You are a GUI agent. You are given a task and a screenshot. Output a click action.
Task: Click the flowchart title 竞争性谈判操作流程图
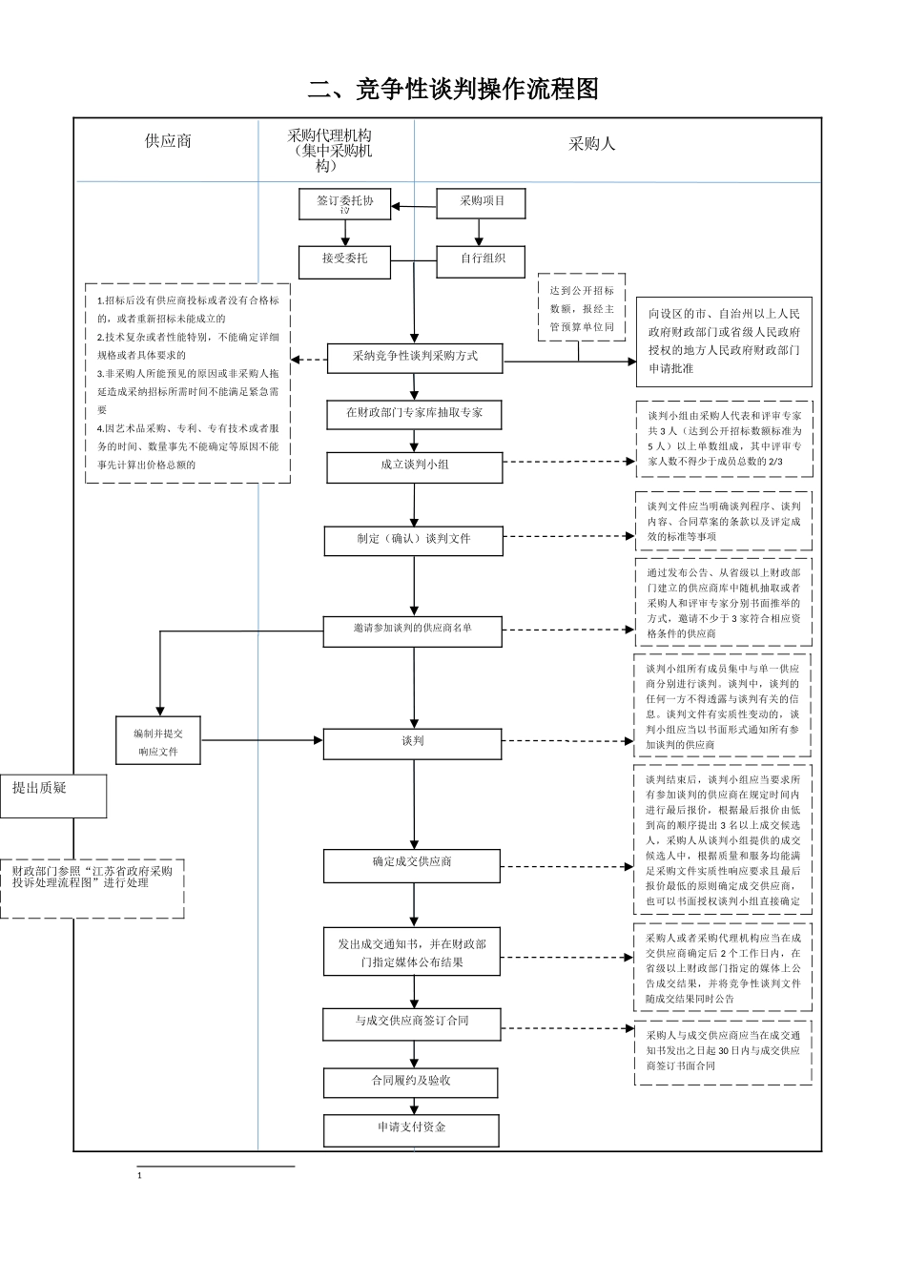point(453,90)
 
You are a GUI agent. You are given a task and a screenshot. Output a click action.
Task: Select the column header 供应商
point(168,141)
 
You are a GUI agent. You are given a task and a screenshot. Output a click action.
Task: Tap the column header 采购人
point(592,144)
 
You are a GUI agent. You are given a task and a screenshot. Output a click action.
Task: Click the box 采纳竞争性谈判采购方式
point(415,358)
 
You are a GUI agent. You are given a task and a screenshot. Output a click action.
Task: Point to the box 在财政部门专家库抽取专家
point(414,414)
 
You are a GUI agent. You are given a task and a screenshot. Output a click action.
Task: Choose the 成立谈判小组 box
point(414,466)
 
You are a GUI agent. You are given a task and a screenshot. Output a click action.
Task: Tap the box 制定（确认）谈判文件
point(414,540)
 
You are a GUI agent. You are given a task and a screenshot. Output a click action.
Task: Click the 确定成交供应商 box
point(412,864)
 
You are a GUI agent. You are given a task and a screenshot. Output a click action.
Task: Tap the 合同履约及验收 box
point(411,1083)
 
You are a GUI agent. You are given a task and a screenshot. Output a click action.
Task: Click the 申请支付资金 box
point(411,1129)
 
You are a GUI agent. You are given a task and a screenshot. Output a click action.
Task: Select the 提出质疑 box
point(53,796)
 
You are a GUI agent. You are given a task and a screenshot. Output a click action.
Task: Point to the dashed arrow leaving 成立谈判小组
point(568,462)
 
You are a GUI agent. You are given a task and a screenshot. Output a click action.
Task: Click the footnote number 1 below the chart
point(140,1177)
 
